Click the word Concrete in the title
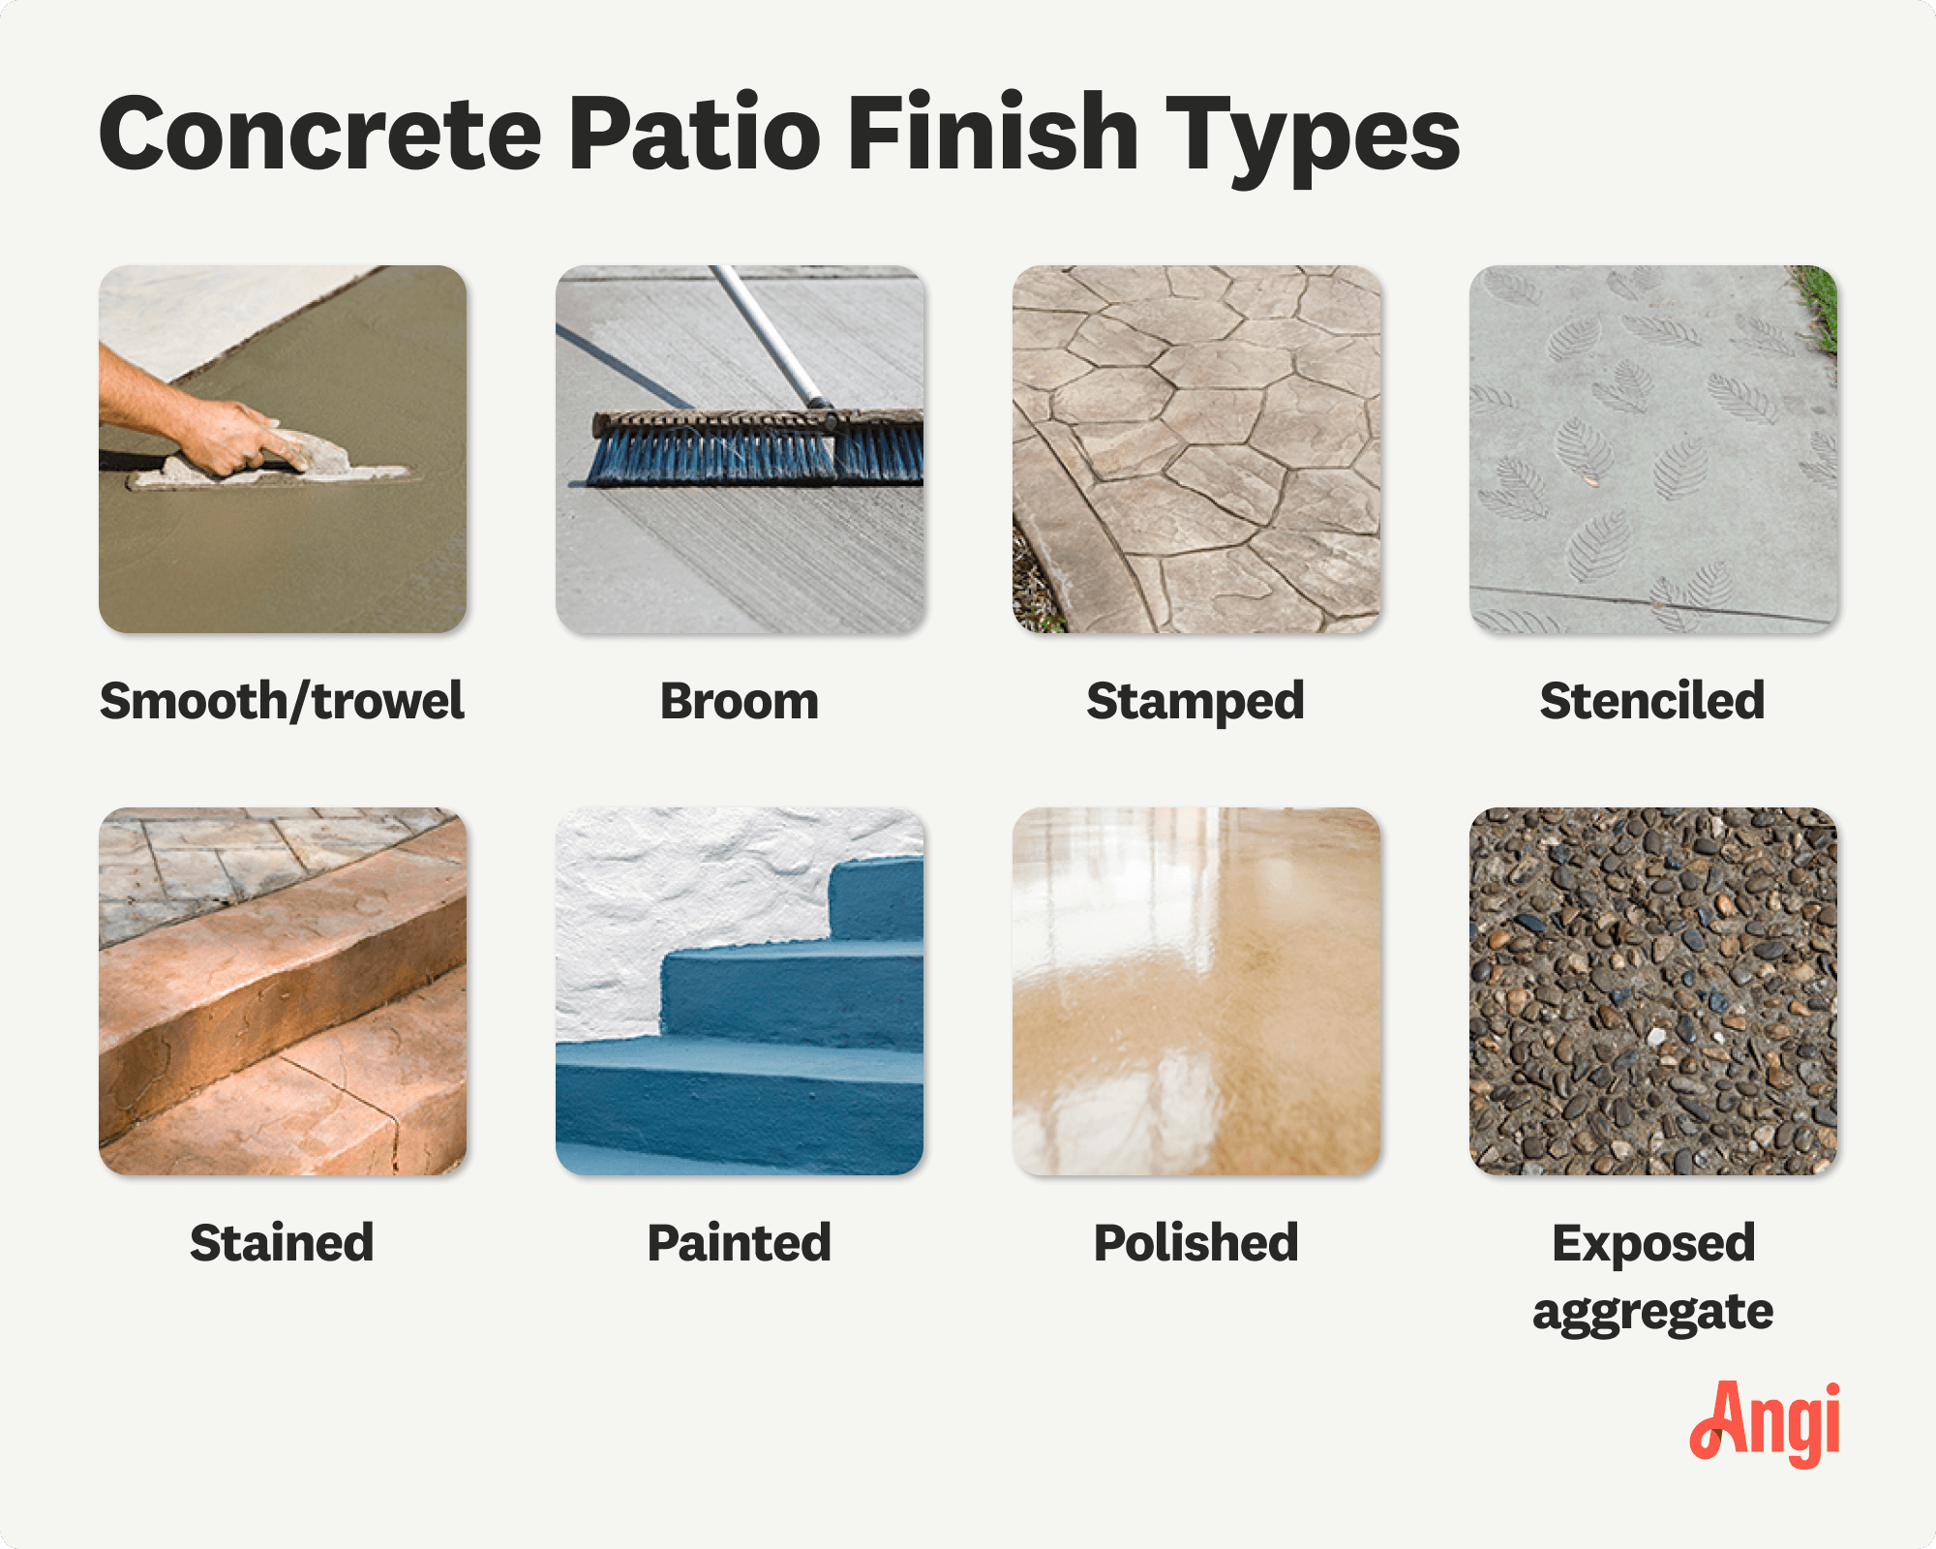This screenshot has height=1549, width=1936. point(319,136)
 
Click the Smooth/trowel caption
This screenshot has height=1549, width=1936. point(282,701)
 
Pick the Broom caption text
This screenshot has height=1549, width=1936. point(740,701)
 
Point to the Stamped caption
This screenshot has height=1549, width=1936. point(1195,701)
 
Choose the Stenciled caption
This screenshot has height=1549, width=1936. point(1652,701)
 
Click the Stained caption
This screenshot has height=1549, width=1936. point(282,1243)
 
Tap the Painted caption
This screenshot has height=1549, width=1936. point(740,1243)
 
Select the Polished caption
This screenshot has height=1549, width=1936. point(1195,1243)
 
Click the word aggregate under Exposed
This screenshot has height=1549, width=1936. point(1652,1313)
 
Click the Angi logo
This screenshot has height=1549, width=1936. point(1766,1423)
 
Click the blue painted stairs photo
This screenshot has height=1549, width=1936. point(740,991)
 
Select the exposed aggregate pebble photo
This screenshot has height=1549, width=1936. point(1652,991)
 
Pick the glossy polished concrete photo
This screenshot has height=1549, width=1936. point(1195,991)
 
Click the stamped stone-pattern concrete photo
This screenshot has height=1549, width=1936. point(1195,449)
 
